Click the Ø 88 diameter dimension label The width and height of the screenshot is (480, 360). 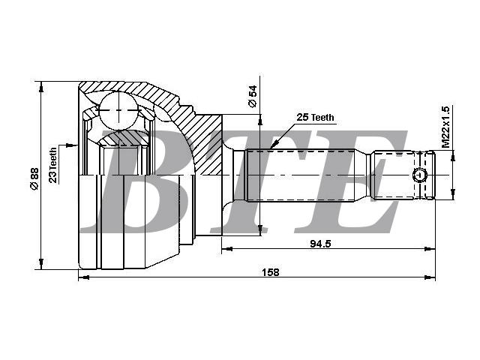(34, 178)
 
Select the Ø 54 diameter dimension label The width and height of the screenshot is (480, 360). (253, 97)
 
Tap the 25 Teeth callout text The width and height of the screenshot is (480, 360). (315, 117)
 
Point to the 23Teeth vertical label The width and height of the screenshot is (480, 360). (53, 165)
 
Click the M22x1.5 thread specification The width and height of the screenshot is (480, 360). (445, 127)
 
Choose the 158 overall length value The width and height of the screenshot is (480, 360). (271, 271)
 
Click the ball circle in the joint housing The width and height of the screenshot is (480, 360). (118, 110)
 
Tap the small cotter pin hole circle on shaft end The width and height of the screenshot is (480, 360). (420, 175)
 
